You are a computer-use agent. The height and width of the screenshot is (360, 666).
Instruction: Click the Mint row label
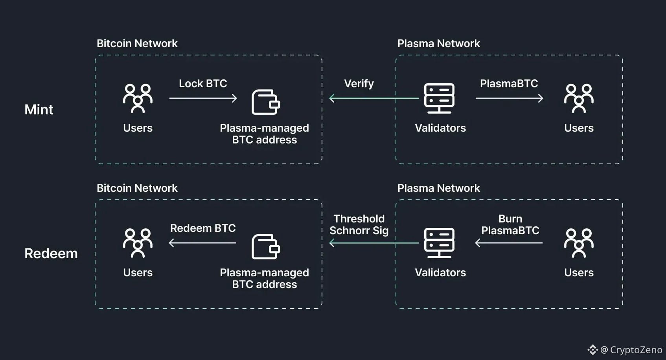tap(39, 109)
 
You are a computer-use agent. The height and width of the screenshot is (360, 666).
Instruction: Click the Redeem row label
tap(51, 253)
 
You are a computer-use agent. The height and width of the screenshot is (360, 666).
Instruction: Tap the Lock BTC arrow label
tap(203, 83)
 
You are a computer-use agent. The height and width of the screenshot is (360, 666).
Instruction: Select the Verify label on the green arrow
tap(359, 83)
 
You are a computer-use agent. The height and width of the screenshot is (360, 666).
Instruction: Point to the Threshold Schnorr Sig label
tap(359, 224)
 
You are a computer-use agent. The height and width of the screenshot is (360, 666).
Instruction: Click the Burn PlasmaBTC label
tap(510, 224)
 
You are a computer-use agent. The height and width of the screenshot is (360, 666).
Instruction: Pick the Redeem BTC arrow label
tap(203, 228)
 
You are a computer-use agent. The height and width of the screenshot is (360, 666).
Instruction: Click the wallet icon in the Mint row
tap(265, 102)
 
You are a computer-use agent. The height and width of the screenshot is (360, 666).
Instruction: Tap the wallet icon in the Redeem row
tap(265, 247)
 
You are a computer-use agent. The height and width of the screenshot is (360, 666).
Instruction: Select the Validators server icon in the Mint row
tap(439, 98)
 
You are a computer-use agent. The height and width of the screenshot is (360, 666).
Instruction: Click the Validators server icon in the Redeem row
tap(439, 242)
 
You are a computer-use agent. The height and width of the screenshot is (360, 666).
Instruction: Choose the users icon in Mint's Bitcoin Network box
tap(138, 98)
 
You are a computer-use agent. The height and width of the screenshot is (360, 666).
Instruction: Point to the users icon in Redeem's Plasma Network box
tap(579, 243)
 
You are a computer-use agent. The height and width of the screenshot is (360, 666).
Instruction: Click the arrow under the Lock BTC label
tap(203, 98)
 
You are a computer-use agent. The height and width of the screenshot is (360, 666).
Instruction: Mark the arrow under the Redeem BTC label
tap(203, 243)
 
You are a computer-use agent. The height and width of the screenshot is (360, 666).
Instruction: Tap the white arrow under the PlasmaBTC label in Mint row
tap(509, 98)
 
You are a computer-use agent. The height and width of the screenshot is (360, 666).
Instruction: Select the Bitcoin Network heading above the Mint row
tap(137, 43)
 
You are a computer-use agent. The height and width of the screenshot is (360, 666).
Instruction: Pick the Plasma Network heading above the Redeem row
tap(438, 188)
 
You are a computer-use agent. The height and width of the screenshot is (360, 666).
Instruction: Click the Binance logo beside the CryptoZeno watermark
tap(592, 349)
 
